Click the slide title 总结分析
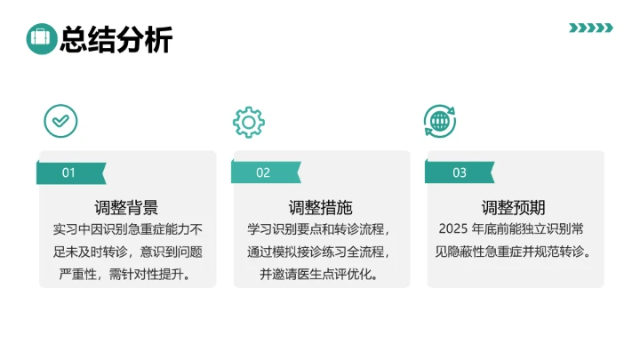[116, 39]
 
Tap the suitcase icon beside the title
[41, 38]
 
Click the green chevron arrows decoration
[590, 28]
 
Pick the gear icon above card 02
[249, 121]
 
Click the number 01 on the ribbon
[68, 172]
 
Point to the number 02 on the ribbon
[263, 172]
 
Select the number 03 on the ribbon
[460, 172]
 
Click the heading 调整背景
[126, 208]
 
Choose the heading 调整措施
[321, 208]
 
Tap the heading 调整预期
[514, 208]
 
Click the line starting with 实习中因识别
[126, 229]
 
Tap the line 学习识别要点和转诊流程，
[320, 229]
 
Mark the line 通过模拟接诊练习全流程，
[320, 252]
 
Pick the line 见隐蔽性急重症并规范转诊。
[514, 252]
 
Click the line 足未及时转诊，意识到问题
[126, 252]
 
